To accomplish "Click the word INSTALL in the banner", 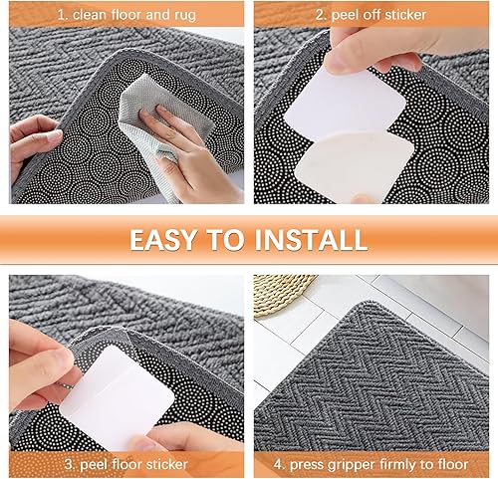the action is click(311, 239).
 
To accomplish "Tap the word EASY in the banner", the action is click(162, 239).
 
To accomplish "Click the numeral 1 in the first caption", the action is click(61, 15).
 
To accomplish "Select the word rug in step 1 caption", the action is click(185, 15).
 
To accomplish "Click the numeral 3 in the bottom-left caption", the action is click(69, 464).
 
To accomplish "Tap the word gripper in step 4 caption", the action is click(333, 465).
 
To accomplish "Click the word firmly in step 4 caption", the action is click(379, 464).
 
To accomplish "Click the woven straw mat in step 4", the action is click(282, 292).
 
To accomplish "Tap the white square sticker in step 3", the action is click(117, 395).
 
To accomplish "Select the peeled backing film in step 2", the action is click(356, 166).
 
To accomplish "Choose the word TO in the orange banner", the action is click(225, 239).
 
